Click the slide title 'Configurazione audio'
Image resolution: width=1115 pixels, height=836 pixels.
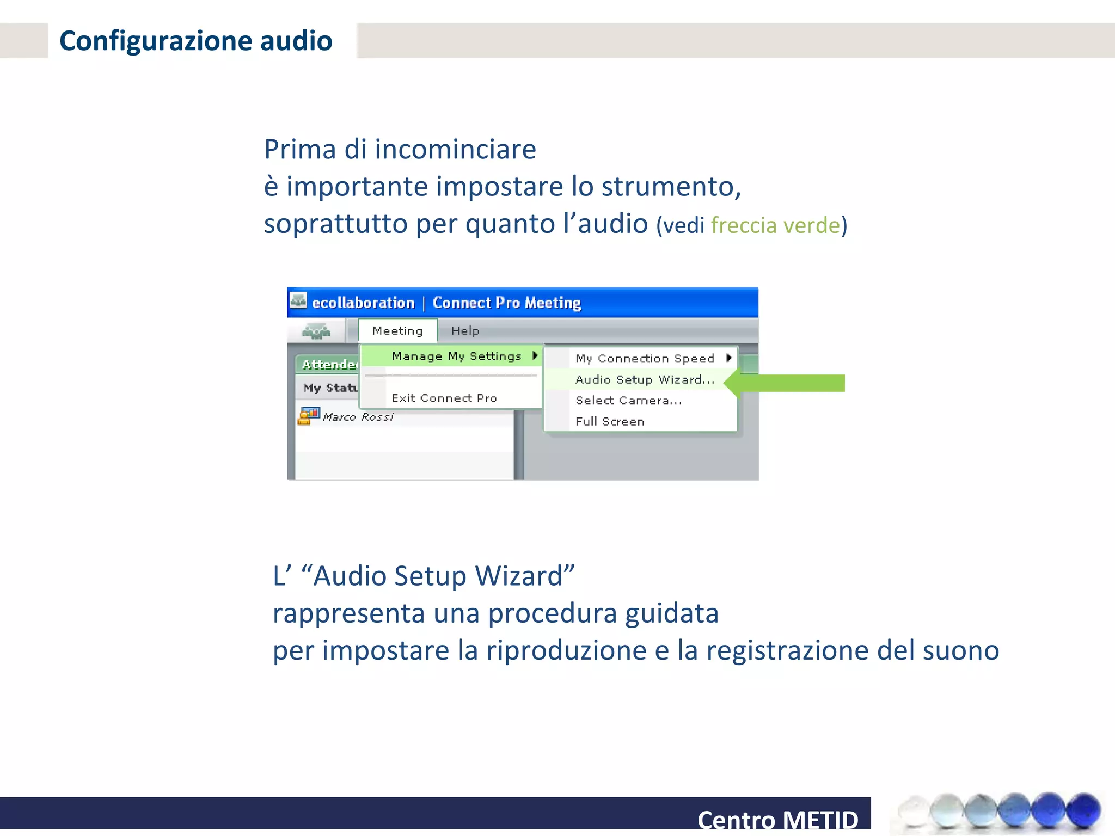pyautogui.click(x=195, y=41)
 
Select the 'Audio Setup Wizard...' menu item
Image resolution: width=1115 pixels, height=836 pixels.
pyautogui.click(x=645, y=380)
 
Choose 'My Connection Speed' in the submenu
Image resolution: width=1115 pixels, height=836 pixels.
pyautogui.click(x=645, y=359)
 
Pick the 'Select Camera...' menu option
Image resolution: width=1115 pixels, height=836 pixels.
pyautogui.click(x=628, y=401)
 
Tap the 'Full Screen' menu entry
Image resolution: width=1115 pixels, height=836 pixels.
pyautogui.click(x=610, y=421)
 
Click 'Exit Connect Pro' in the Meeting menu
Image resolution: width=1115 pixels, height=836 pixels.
pyautogui.click(x=444, y=398)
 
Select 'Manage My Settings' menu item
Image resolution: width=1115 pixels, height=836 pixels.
pyautogui.click(x=456, y=356)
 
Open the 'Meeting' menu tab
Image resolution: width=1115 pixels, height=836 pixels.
pyautogui.click(x=397, y=331)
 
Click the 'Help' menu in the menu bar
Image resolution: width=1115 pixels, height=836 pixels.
pyautogui.click(x=465, y=331)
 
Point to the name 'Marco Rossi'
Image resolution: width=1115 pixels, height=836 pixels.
pyautogui.click(x=358, y=417)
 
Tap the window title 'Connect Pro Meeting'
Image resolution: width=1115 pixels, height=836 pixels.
pyautogui.click(x=506, y=303)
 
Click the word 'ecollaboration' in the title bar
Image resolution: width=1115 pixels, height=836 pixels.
pyautogui.click(x=363, y=303)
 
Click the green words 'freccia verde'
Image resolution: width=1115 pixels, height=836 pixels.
pyautogui.click(x=775, y=225)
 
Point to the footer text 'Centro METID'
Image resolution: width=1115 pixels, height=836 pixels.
pyautogui.click(x=777, y=820)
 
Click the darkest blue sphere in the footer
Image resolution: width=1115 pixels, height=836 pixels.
pyautogui.click(x=1083, y=809)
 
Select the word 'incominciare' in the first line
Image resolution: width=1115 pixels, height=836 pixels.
pyautogui.click(x=455, y=149)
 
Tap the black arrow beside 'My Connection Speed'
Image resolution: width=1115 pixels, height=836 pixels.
pyautogui.click(x=729, y=358)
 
